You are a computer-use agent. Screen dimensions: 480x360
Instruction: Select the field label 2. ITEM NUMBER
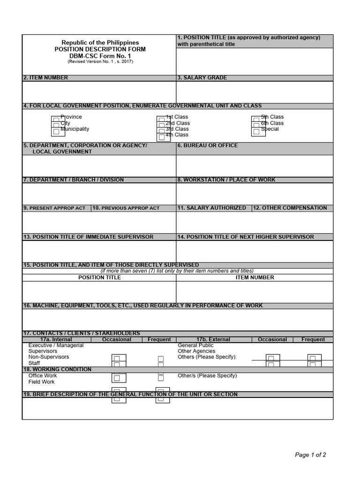45,78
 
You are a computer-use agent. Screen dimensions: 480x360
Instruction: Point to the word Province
71,117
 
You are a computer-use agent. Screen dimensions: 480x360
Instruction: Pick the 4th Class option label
177,135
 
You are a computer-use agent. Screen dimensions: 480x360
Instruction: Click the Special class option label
270,129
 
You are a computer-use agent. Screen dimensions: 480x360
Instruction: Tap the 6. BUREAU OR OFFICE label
207,146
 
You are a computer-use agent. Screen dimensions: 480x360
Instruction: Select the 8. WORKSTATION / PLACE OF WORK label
226,180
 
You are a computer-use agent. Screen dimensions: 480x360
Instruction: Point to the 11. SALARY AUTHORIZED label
211,208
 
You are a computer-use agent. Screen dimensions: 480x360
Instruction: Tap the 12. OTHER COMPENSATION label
290,208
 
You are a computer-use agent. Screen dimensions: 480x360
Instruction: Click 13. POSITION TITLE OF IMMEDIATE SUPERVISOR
88,237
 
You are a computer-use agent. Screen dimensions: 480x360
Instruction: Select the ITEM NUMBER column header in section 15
255,277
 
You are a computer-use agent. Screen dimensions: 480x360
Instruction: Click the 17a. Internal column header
56,339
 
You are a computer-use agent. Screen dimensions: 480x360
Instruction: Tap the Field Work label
41,382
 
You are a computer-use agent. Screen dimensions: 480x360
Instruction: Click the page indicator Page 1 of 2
310,455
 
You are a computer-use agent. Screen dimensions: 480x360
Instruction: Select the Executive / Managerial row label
56,345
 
